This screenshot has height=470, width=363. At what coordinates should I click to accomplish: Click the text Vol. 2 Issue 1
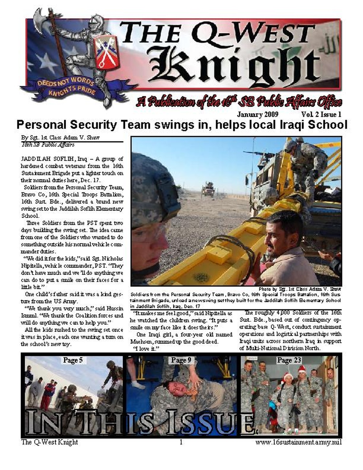pyautogui.click(x=321, y=114)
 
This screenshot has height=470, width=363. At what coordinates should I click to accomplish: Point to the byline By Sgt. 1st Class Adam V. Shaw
pyautogui.click(x=60, y=138)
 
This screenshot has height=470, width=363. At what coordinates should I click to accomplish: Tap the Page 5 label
pyautogui.click(x=73, y=360)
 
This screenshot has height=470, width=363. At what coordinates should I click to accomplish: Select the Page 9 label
pyautogui.click(x=181, y=360)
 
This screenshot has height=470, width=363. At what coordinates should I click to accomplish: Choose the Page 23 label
pyautogui.click(x=289, y=360)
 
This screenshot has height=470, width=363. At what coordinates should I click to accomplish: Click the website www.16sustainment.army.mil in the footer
pyautogui.click(x=298, y=442)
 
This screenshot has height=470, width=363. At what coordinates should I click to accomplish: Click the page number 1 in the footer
pyautogui.click(x=181, y=442)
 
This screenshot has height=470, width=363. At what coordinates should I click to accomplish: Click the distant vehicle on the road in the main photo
pyautogui.click(x=208, y=189)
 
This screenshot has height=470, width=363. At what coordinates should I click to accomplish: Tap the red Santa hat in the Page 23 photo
pyautogui.click(x=301, y=370)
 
